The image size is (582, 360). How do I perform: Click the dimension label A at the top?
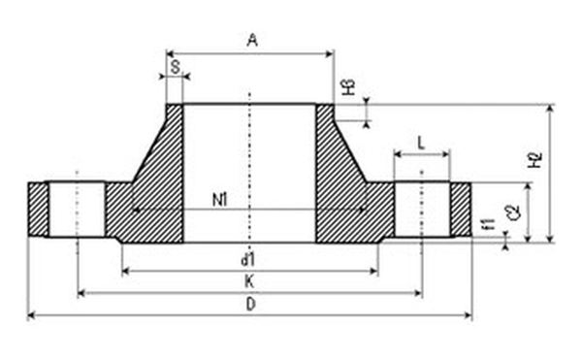(x=252, y=40)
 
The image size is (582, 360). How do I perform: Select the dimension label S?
(x=176, y=67)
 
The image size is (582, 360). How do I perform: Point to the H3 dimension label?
(x=348, y=86)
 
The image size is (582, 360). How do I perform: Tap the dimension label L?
(x=421, y=143)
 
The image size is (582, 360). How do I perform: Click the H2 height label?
(x=534, y=159)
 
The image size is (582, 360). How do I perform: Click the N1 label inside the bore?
(x=220, y=201)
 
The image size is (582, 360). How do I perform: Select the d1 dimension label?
(x=248, y=260)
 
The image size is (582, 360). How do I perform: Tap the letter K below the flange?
(x=249, y=281)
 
